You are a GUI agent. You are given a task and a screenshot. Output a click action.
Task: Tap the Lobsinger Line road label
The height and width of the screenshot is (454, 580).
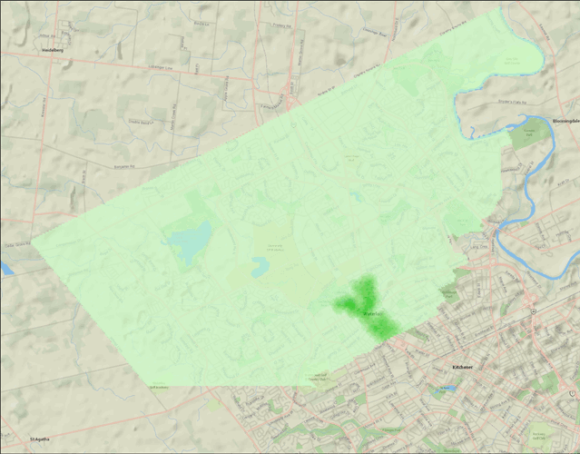[159, 66]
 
